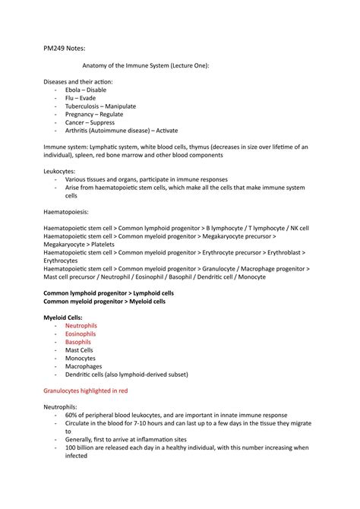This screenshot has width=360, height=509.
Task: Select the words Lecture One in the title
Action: coord(185,65)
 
